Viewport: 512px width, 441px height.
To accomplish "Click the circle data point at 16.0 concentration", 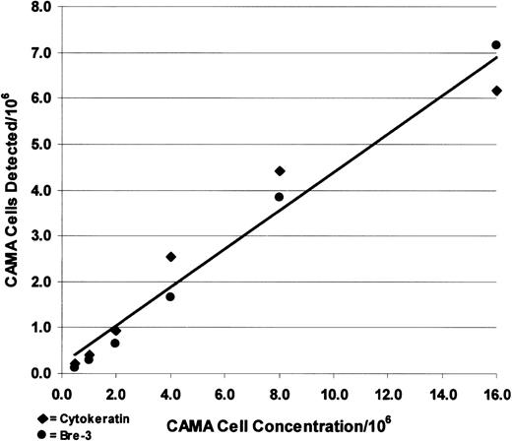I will pyautogui.click(x=496, y=45).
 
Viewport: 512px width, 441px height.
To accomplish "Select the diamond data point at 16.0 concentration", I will pyautogui.click(x=496, y=91).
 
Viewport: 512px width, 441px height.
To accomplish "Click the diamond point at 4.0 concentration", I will pyautogui.click(x=171, y=257).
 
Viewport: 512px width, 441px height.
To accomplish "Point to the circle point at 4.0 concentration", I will pyautogui.click(x=170, y=296).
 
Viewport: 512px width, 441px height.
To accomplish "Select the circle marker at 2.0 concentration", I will pyautogui.click(x=115, y=343).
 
